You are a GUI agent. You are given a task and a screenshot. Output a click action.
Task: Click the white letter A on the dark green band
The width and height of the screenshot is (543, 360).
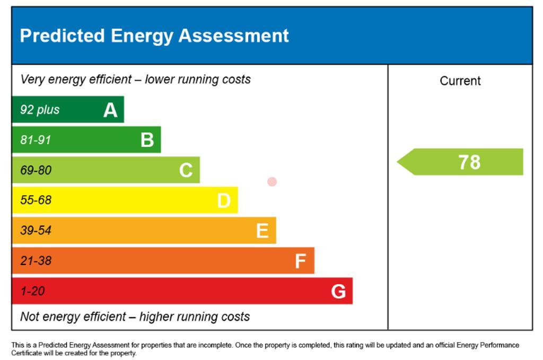tap(110, 110)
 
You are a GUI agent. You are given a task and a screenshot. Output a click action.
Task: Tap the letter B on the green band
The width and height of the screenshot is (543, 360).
tap(147, 140)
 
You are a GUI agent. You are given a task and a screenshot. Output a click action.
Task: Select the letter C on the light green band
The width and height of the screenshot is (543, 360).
tap(186, 170)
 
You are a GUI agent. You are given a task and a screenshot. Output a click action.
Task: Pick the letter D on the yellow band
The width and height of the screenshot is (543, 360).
tap(224, 200)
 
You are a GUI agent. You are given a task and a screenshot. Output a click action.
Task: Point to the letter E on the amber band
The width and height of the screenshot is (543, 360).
tap(262, 231)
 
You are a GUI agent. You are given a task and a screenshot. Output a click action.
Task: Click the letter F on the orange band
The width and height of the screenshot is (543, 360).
tap(300, 261)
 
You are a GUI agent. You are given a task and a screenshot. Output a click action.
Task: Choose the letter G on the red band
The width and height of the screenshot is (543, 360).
tap(338, 291)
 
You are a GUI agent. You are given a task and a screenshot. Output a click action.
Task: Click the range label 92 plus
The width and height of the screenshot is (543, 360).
tap(40, 110)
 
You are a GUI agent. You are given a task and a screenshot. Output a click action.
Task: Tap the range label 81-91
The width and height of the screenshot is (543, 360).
tap(36, 140)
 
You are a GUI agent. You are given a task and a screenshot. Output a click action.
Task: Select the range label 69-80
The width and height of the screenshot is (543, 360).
tap(36, 170)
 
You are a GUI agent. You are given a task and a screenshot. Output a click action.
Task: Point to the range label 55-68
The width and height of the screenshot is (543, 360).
tap(36, 200)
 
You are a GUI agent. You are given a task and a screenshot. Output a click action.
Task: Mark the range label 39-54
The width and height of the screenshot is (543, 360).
tap(36, 230)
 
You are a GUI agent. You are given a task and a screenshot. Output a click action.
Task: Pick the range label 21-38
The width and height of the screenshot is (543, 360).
tap(36, 261)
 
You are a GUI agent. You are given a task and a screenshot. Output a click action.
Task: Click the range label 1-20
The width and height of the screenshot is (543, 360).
tap(32, 291)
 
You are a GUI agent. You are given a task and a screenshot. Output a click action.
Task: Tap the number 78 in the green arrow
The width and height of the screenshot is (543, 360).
tap(470, 162)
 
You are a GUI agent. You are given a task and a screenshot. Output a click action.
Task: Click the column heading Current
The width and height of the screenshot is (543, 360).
tap(460, 81)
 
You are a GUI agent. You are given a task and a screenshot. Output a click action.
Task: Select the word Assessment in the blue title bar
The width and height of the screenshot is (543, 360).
tap(234, 36)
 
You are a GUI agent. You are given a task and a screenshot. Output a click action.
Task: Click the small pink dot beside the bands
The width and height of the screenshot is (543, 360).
tap(272, 182)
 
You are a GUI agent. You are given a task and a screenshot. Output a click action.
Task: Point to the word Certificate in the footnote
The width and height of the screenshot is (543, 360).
tap(24, 353)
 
